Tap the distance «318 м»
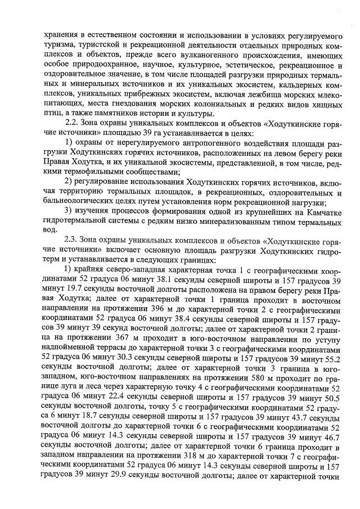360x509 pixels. point(170,458)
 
